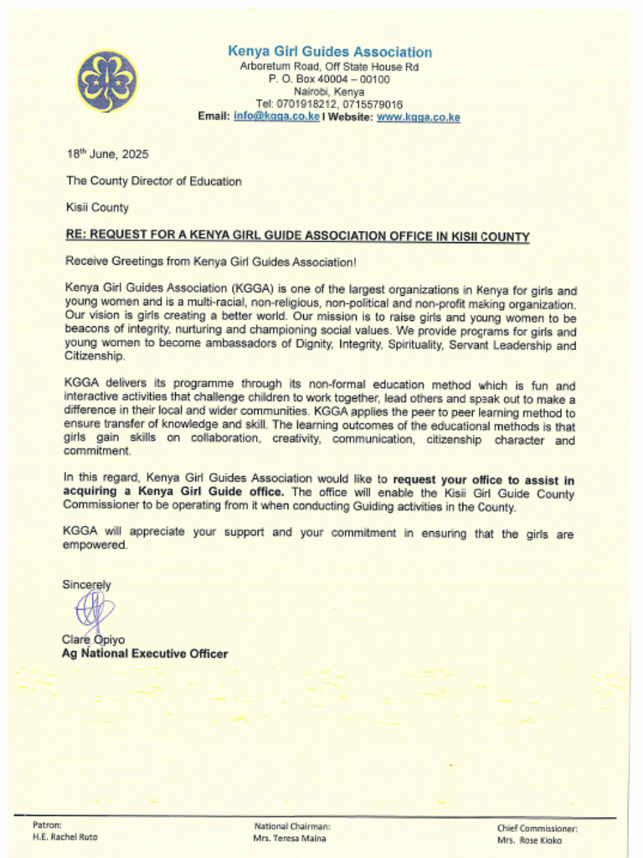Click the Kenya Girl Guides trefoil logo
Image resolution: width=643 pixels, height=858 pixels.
click(x=106, y=81)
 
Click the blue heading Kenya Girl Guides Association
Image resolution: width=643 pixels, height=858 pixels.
click(x=330, y=52)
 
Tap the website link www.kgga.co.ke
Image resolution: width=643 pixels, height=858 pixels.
click(x=418, y=117)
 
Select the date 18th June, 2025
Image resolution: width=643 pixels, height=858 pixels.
click(x=107, y=154)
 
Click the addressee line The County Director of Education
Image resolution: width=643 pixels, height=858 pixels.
click(x=154, y=181)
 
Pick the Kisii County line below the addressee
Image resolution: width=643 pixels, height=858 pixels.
click(x=97, y=207)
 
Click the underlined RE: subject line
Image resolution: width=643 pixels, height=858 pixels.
click(x=297, y=236)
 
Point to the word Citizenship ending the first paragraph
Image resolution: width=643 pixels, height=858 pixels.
click(x=95, y=356)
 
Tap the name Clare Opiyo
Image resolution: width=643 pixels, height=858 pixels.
click(x=93, y=640)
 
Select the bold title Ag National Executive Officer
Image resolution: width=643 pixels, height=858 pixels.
click(x=145, y=654)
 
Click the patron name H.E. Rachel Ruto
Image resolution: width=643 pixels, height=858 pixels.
click(x=64, y=837)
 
